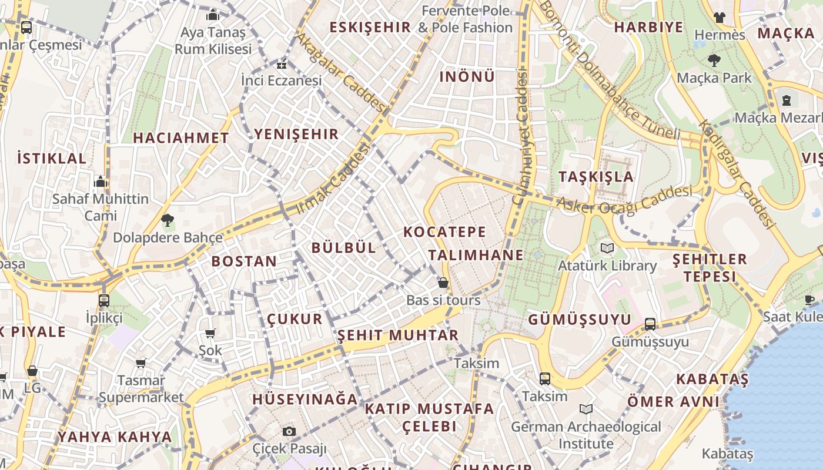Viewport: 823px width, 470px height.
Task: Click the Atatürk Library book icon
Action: point(607,249)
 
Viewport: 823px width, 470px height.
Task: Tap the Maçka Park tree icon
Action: point(714,60)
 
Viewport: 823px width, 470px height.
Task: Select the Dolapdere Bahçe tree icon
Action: point(168,220)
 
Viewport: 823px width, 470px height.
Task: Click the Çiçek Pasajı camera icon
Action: point(289,431)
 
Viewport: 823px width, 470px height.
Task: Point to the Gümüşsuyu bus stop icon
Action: point(650,324)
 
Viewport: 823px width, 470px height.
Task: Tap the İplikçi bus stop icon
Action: point(104,300)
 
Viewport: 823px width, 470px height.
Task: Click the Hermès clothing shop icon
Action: point(719,17)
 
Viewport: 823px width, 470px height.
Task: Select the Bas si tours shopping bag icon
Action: point(443,283)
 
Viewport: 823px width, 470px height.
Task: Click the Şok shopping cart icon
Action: point(210,333)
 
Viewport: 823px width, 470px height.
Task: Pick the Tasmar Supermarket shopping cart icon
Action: point(140,363)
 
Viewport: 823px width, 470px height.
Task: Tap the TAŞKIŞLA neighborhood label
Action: point(595,177)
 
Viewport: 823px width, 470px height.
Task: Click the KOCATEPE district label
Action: point(444,232)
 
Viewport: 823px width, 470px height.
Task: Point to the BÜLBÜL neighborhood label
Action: point(343,247)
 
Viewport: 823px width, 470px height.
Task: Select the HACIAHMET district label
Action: point(180,138)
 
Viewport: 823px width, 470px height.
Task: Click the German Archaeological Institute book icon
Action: point(586,409)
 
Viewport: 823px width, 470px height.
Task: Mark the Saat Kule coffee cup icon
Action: point(809,300)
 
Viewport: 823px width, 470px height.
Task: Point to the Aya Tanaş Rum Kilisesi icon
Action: point(213,15)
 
